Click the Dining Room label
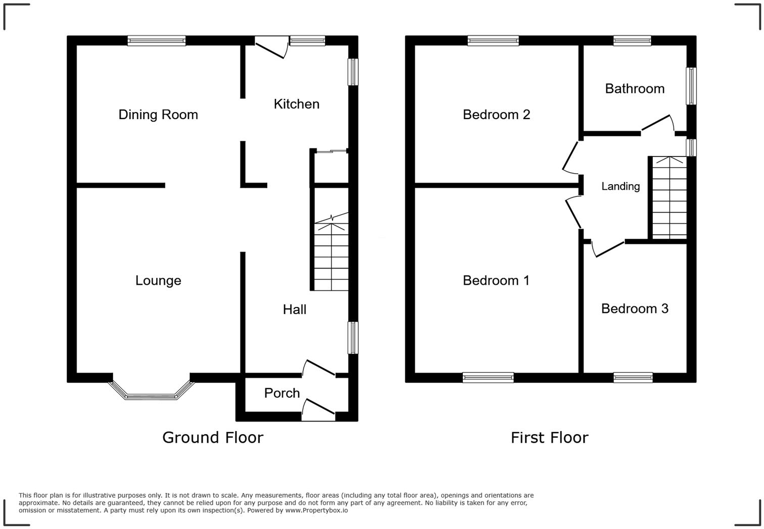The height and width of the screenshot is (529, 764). point(158,115)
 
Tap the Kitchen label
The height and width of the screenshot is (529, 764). point(297,104)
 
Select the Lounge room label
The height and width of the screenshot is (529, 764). point(158,281)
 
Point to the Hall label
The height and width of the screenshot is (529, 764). point(295,309)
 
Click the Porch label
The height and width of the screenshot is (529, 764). point(282,393)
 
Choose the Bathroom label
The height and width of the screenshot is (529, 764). point(635,89)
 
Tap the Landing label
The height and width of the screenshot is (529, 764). point(620,186)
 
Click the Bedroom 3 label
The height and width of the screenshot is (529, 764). point(635,308)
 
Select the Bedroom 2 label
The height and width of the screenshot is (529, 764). point(496,115)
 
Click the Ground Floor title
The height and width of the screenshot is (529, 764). point(213,437)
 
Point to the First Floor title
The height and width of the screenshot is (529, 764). point(549,437)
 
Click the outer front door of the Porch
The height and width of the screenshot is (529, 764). point(318,410)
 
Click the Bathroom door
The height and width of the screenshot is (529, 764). point(657,125)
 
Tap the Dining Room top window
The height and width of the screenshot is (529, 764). point(157,41)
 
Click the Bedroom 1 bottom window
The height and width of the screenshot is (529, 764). point(488,377)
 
